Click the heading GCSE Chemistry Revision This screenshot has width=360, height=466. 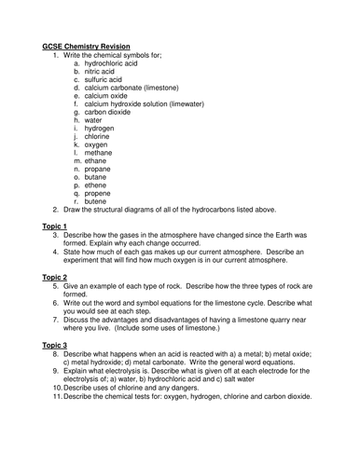pos(86,47)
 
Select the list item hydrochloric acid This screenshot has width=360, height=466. pos(114,64)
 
